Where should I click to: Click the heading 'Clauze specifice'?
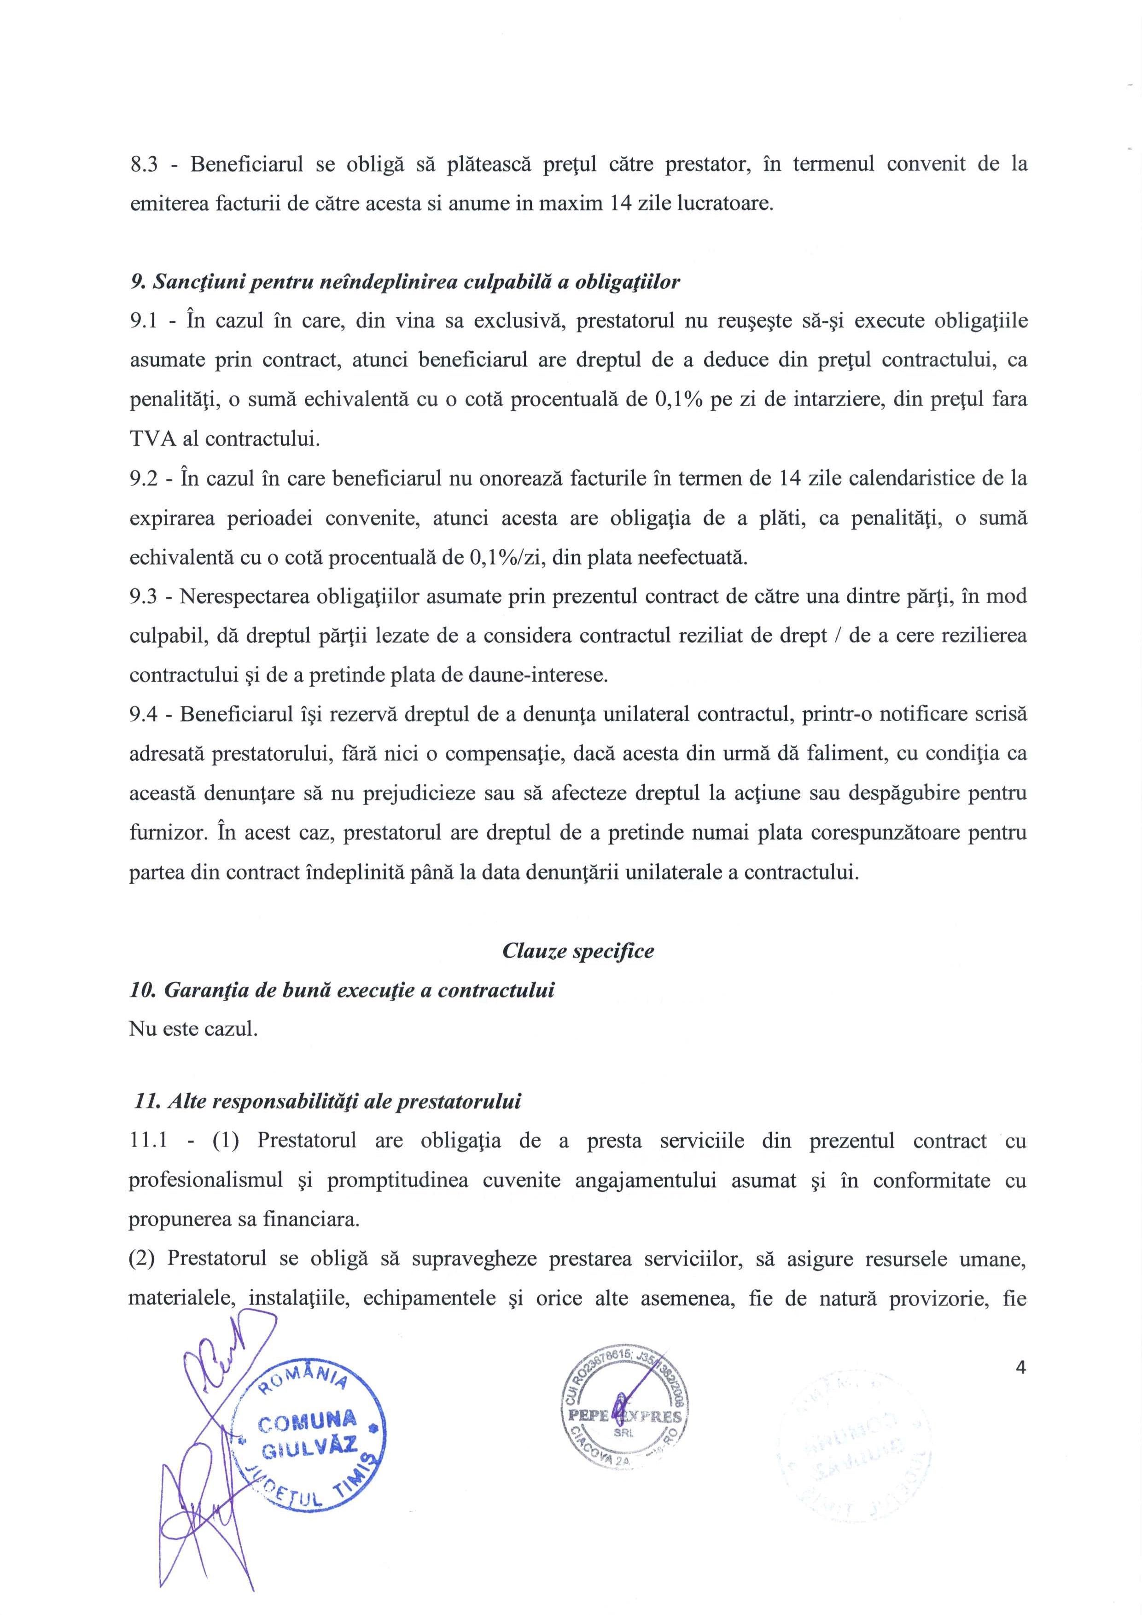(578, 951)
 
